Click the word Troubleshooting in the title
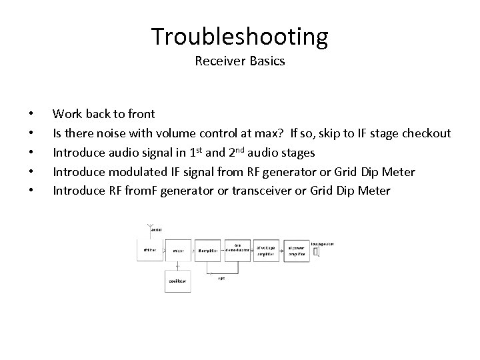pos(239,37)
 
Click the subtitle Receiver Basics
pos(239,61)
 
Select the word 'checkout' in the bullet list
pos(426,133)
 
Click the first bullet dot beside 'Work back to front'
pos(31,115)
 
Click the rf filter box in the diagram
pos(151,251)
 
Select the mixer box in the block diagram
pos(178,251)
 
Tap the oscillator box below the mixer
pos(178,281)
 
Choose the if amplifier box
pos(208,251)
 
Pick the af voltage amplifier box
pos(267,250)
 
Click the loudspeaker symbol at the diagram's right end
pos(317,251)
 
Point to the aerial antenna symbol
pos(151,227)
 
